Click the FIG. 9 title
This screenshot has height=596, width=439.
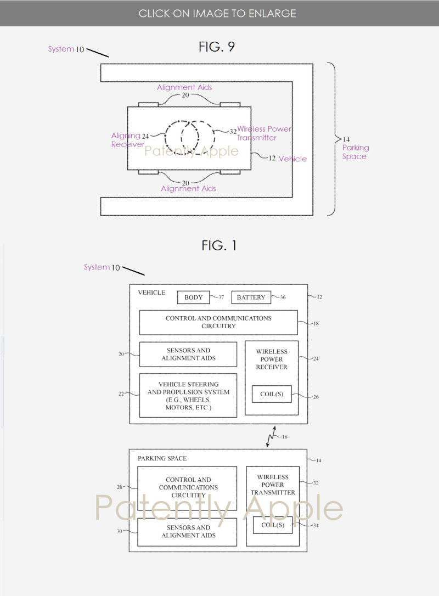tap(217, 47)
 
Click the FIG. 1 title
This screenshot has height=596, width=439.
tap(219, 245)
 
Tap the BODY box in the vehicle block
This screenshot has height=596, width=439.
tap(193, 297)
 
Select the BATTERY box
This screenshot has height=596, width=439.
tap(251, 297)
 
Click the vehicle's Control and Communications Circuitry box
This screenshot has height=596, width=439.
tap(218, 322)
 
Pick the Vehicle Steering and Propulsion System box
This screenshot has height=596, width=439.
tap(188, 396)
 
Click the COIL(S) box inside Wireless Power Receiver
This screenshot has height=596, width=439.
tap(272, 394)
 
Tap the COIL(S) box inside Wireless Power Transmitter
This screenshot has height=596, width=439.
tap(273, 525)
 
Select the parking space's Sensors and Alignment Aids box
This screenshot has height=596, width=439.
tap(187, 531)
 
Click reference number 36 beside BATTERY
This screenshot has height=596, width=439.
tap(283, 297)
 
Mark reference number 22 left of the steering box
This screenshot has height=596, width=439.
tap(121, 393)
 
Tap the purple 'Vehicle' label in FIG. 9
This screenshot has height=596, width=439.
tap(292, 159)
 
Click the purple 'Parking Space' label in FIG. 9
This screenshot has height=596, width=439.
tap(355, 152)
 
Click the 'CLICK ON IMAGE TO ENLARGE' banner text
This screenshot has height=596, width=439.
tap(217, 13)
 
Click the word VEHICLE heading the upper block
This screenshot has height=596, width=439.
tap(151, 293)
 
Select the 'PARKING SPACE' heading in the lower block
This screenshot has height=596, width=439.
tap(162, 458)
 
